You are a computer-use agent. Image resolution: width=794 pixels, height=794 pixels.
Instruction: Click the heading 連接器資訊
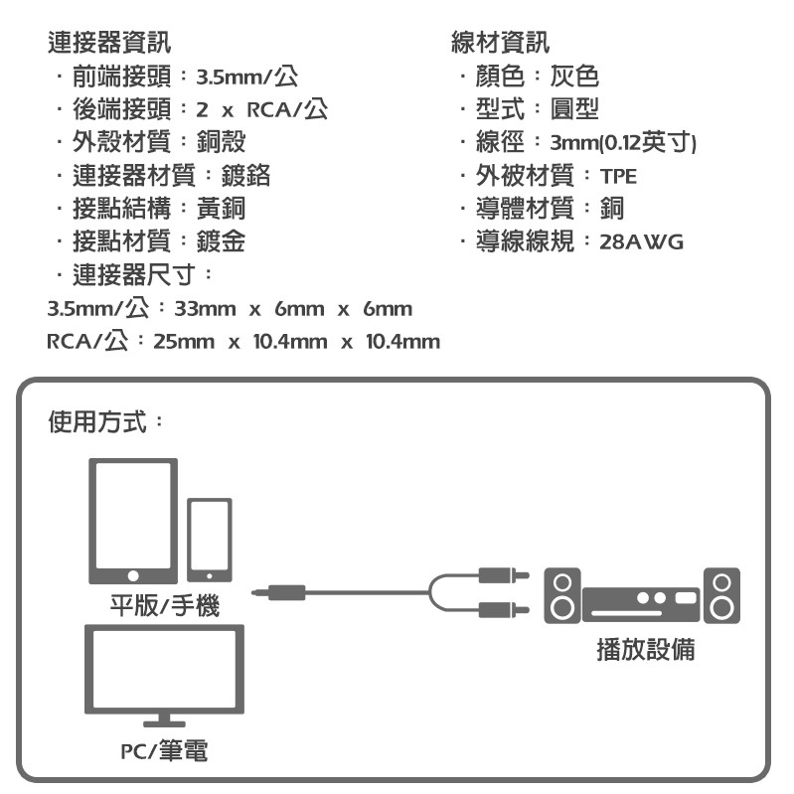(108, 42)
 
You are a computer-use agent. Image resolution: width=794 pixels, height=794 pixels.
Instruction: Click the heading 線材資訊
(500, 42)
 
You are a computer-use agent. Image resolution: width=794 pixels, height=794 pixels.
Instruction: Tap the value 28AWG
(642, 241)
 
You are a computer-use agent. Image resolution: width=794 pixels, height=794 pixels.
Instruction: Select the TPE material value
(618, 177)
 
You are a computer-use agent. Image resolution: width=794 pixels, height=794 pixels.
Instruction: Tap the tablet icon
(133, 521)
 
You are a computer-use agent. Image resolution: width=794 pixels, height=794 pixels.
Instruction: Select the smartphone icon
(210, 539)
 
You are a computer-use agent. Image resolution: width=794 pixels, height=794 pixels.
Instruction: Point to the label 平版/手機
(164, 605)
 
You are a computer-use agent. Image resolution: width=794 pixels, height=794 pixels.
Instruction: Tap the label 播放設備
(645, 650)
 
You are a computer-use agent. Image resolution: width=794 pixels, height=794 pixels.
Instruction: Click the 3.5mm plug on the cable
(279, 593)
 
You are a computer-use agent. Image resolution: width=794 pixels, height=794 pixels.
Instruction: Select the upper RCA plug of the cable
(500, 575)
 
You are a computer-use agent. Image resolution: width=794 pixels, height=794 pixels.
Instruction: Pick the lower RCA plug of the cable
(500, 609)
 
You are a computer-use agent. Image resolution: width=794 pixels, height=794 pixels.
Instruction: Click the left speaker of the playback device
(562, 595)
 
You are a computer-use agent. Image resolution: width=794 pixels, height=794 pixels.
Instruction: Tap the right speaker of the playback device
(721, 595)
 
